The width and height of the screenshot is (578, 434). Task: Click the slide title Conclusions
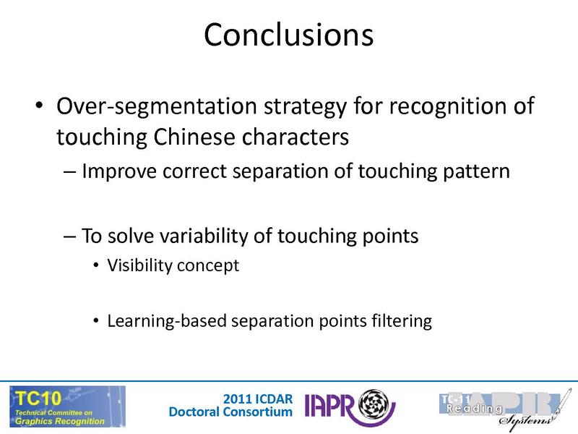tap(288, 34)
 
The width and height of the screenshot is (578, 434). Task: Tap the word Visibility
tap(139, 265)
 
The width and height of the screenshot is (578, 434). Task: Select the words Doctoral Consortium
tap(231, 412)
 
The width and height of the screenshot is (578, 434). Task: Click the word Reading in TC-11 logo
tap(473, 409)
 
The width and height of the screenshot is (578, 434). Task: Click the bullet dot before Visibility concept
tap(97, 266)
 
